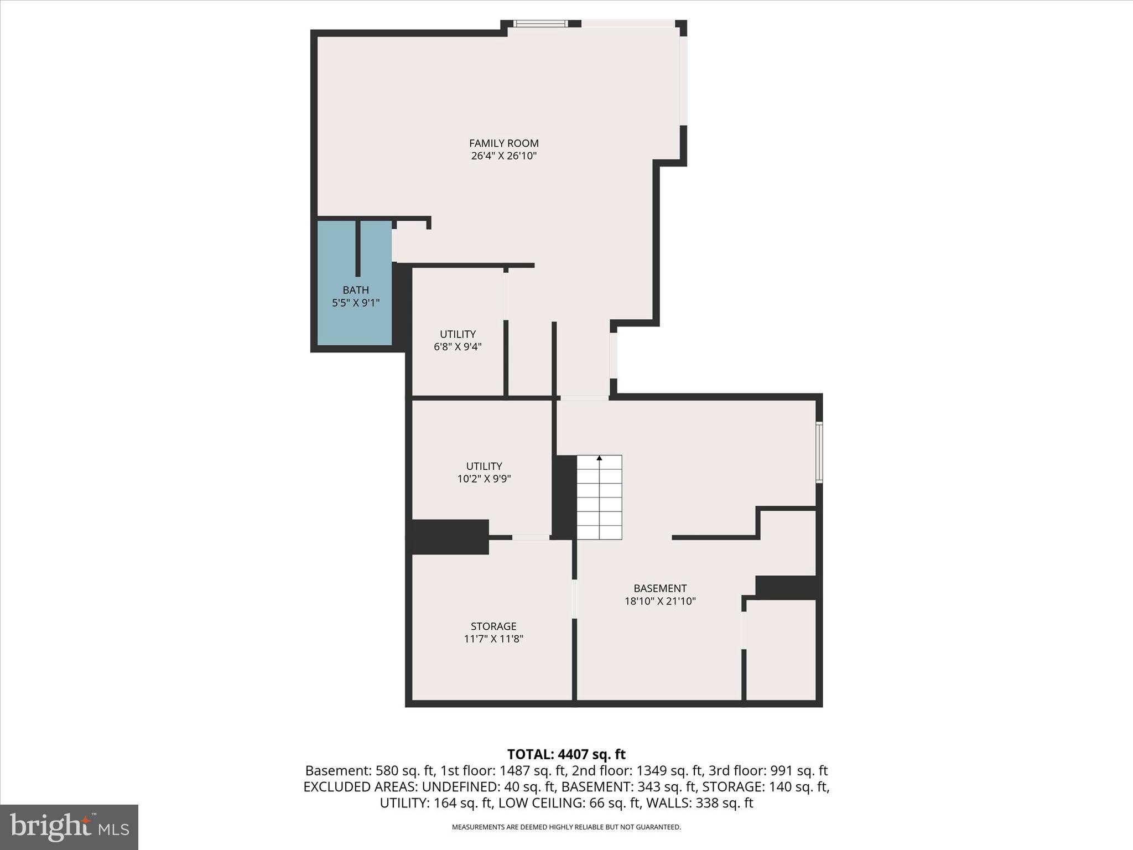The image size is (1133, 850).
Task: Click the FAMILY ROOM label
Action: pyautogui.click(x=503, y=143)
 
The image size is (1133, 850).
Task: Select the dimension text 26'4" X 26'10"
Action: pyautogui.click(x=503, y=156)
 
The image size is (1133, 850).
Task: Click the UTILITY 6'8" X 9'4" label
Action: pyautogui.click(x=458, y=340)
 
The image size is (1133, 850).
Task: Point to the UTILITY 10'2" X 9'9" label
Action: pyautogui.click(x=484, y=472)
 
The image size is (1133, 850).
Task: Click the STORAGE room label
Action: pyautogui.click(x=493, y=626)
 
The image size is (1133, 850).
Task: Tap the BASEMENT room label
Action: pyautogui.click(x=660, y=588)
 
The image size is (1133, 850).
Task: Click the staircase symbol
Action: pyautogui.click(x=599, y=498)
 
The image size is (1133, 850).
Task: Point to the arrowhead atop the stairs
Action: pyautogui.click(x=599, y=458)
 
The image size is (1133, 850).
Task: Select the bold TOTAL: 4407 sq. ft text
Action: pyautogui.click(x=566, y=754)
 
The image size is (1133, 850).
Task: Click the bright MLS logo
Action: pyautogui.click(x=69, y=827)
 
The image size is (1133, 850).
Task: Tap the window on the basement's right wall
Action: pyautogui.click(x=819, y=452)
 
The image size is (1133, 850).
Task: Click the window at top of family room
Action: pyautogui.click(x=540, y=23)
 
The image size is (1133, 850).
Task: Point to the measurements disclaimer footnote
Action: pyautogui.click(x=566, y=827)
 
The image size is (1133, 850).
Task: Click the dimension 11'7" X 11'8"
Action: pyautogui.click(x=493, y=639)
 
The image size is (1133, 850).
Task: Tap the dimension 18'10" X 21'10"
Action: pyautogui.click(x=660, y=601)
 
